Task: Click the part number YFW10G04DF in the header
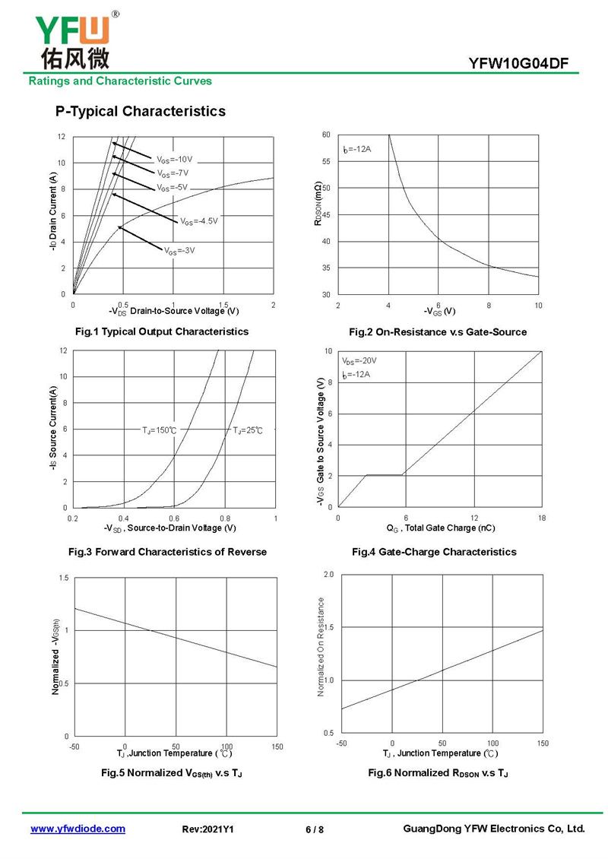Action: [518, 64]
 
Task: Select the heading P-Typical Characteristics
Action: [140, 112]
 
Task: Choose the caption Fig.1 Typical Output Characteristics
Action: [161, 331]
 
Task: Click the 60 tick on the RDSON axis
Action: [326, 135]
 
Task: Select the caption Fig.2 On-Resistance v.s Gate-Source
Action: [437, 332]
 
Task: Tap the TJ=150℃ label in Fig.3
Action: [160, 430]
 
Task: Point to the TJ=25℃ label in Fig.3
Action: [247, 430]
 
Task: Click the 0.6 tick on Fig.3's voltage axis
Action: [174, 518]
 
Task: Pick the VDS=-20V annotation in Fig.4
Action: [359, 361]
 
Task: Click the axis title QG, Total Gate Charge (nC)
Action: [441, 528]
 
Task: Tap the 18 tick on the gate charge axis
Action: [541, 518]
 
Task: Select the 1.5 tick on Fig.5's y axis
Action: [64, 578]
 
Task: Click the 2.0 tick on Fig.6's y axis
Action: [328, 574]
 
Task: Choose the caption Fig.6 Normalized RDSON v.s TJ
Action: [438, 773]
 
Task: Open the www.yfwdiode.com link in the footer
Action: [78, 829]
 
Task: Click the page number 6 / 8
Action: [314, 829]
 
